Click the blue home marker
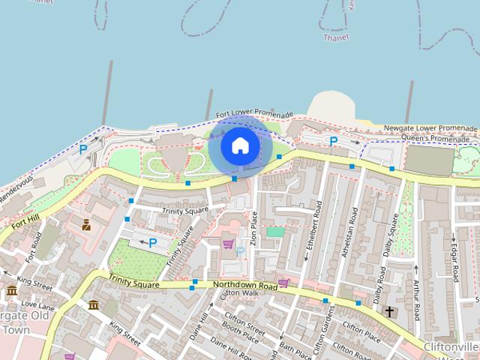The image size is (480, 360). [x=239, y=145]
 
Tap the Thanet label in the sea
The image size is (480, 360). [x=336, y=37]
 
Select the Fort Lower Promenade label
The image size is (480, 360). [x=254, y=115]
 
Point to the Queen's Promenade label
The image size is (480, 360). [x=439, y=137]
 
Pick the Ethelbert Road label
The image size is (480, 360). [x=310, y=233]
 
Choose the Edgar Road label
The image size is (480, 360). [x=454, y=259]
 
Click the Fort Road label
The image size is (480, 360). [x=32, y=247]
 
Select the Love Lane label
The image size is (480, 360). [x=37, y=305]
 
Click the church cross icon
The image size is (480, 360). [x=389, y=311]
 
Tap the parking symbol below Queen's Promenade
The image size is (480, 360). [x=334, y=140]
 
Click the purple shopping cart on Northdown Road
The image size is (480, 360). [x=283, y=283]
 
